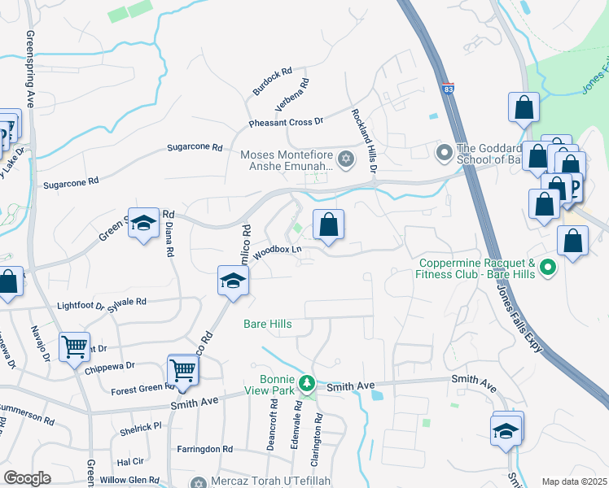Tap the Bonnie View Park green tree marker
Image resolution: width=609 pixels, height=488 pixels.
(307, 381)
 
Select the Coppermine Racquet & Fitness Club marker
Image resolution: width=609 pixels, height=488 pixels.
(548, 267)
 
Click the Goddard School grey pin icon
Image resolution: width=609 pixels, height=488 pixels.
(445, 152)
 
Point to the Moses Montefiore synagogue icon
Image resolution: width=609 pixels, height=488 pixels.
(345, 158)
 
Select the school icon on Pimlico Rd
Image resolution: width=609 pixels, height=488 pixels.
(233, 281)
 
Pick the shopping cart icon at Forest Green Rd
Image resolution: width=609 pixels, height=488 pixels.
(183, 370)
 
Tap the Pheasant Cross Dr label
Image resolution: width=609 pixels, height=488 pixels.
(286, 123)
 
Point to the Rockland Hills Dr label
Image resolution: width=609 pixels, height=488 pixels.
(363, 141)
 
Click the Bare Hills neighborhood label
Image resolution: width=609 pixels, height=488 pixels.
(267, 324)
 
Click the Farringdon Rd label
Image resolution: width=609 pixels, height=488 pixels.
(204, 449)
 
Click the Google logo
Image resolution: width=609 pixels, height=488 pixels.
(27, 478)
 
